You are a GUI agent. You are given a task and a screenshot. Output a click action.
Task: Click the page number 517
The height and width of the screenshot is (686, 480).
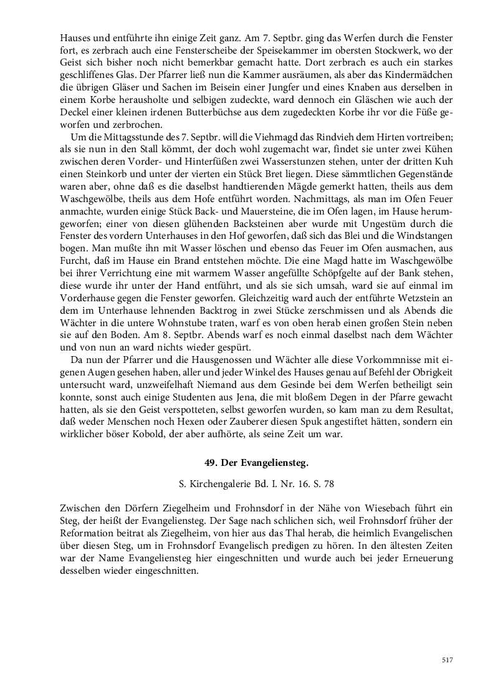pos(446,660)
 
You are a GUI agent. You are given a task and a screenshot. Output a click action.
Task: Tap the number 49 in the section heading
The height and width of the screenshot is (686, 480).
pos(209,463)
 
